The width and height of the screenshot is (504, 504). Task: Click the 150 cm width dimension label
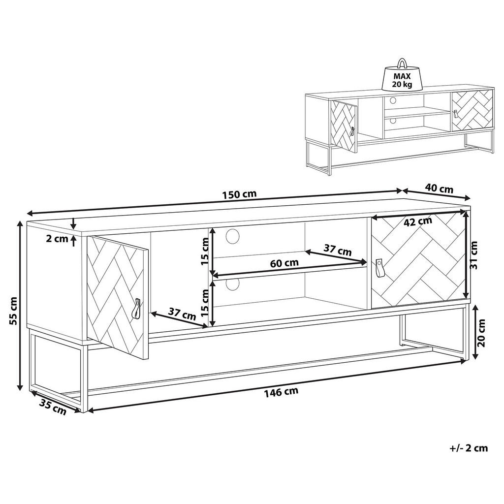tap(239, 194)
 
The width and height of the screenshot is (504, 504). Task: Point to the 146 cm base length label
tap(281, 391)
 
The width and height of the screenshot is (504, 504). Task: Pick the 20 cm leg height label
tap(481, 333)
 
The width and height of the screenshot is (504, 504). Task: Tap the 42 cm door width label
tap(418, 221)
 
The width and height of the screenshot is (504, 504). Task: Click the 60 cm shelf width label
tap(284, 263)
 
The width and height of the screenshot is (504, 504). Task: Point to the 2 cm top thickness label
tap(57, 239)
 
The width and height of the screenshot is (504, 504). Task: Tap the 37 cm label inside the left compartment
tap(182, 314)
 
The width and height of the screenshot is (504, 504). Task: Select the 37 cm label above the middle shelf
tap(338, 250)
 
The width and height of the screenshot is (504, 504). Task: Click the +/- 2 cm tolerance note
tap(469, 448)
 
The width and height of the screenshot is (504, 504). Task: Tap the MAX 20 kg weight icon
tap(402, 78)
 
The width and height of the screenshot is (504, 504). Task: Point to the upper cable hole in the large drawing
tap(232, 236)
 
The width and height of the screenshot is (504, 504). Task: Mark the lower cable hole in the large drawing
tap(232, 284)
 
